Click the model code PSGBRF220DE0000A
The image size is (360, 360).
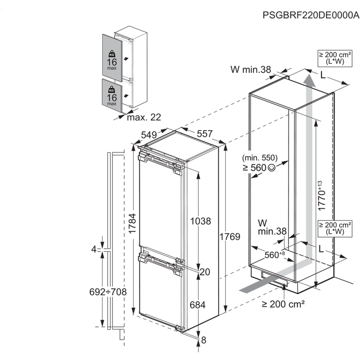coord(310,15)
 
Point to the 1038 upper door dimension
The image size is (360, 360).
coord(201,221)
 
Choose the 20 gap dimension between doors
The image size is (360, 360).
coord(205,271)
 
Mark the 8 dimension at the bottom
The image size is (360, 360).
coord(203,340)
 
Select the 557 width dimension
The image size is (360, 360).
coord(204,133)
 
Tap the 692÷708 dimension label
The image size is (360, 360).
coord(108,292)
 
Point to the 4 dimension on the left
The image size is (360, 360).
coord(94,249)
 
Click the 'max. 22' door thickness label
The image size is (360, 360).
coord(144,117)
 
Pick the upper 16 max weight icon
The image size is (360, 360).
coord(112,59)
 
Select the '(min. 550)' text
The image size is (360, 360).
coord(259,158)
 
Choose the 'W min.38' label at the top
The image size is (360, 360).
coord(251,69)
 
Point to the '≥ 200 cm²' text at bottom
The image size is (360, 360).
coord(283,304)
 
